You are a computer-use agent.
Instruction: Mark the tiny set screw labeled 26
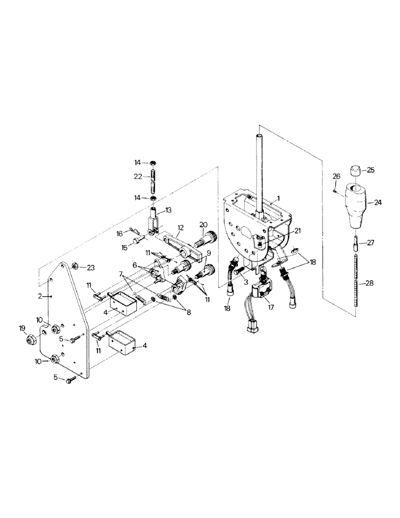335,191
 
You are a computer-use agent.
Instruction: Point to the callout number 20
203,224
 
